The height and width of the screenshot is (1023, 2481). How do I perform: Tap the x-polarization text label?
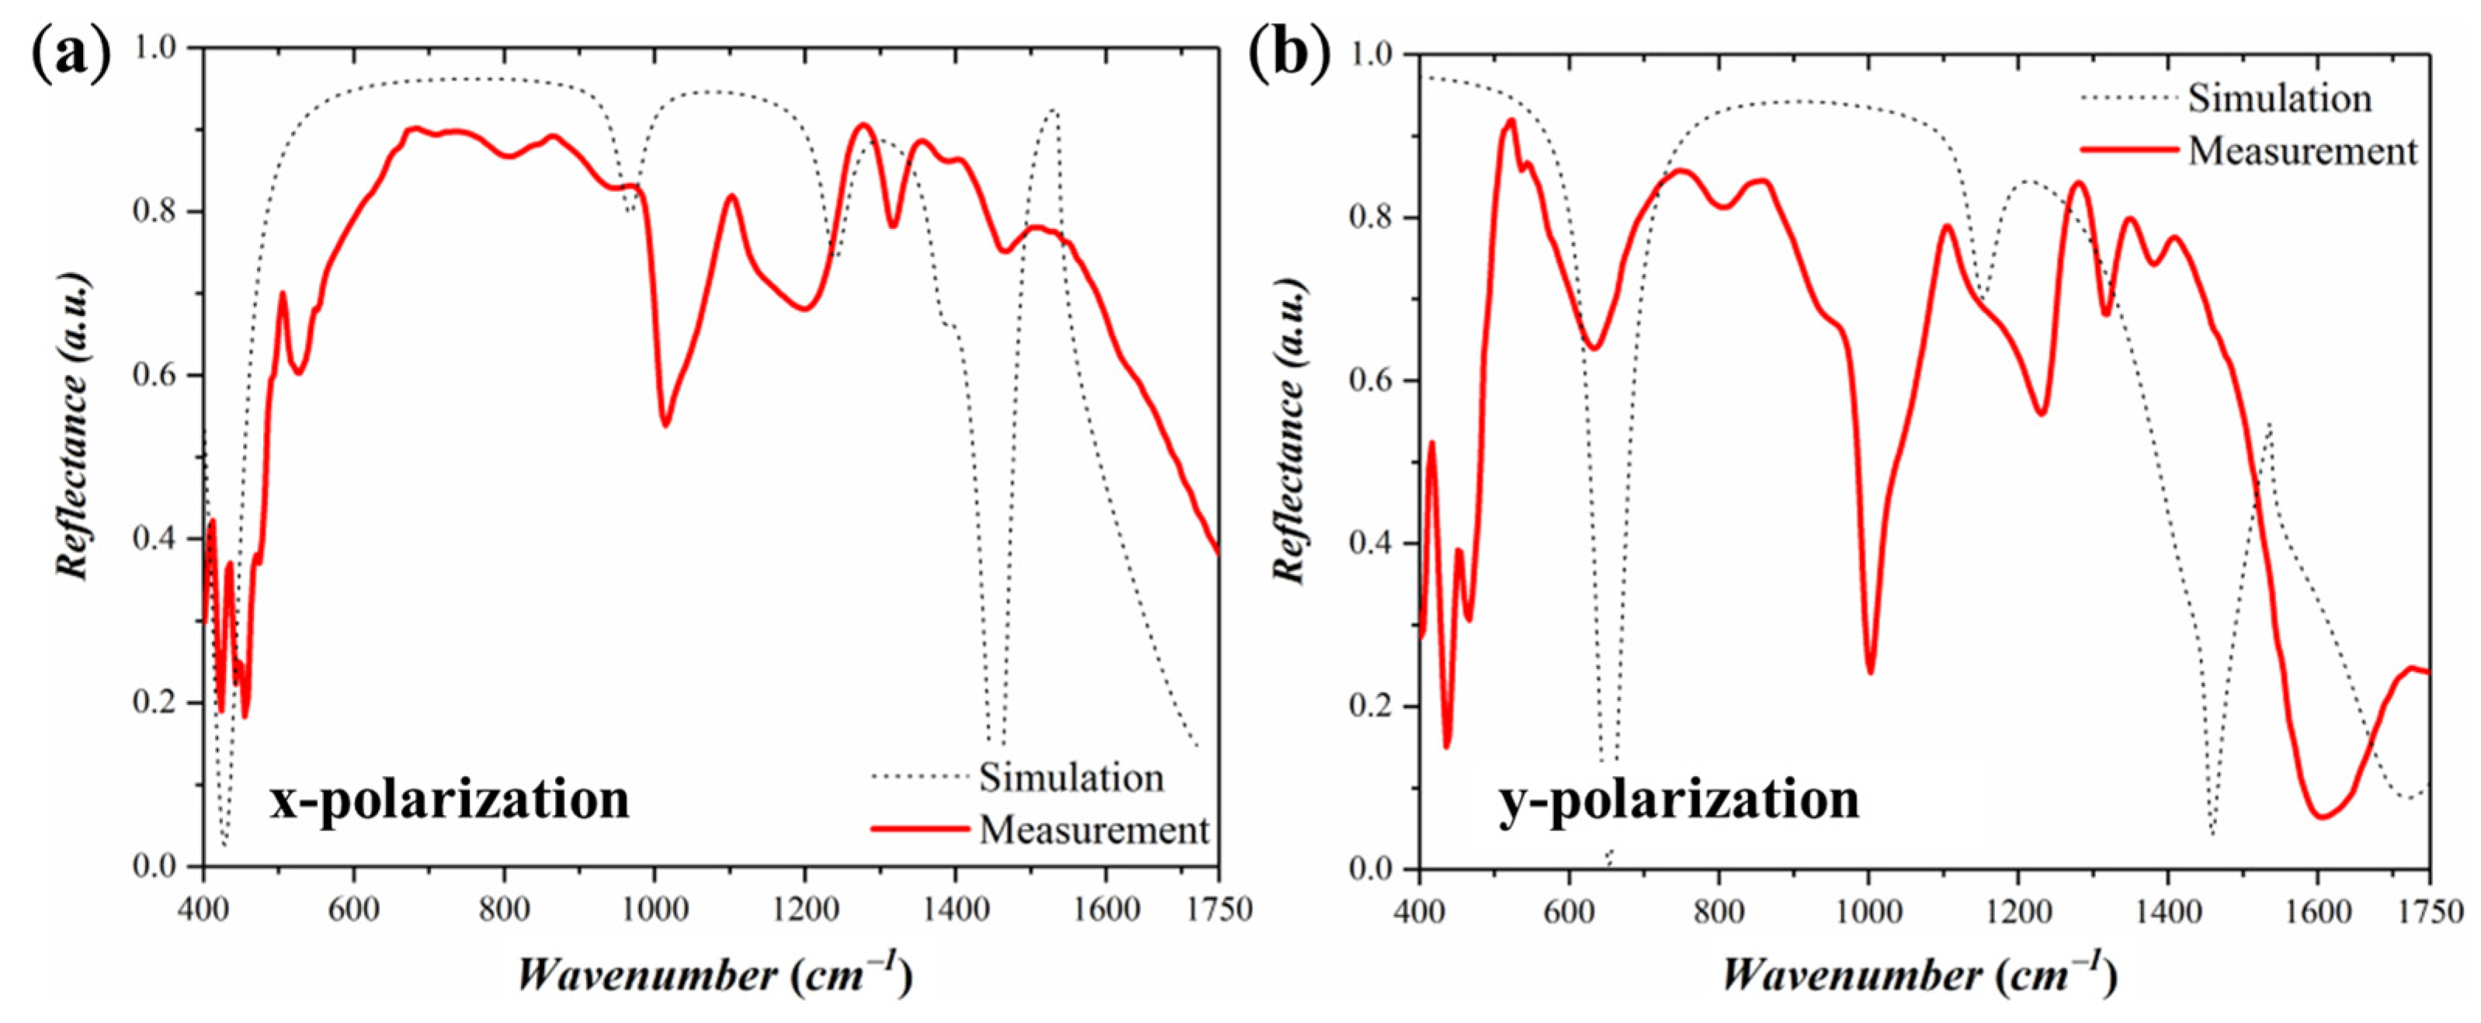point(449,799)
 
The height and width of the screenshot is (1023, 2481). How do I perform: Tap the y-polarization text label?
point(1679,799)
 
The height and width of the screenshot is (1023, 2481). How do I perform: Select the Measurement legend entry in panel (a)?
point(1093,830)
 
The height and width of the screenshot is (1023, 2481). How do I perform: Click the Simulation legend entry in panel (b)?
point(2278,99)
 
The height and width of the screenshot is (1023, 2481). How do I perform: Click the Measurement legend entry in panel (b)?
point(2302,151)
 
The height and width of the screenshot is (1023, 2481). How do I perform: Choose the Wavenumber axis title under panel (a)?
point(713,976)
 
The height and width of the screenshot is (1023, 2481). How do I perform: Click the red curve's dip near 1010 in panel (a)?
point(664,425)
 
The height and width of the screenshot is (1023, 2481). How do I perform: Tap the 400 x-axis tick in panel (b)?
point(1419,911)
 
